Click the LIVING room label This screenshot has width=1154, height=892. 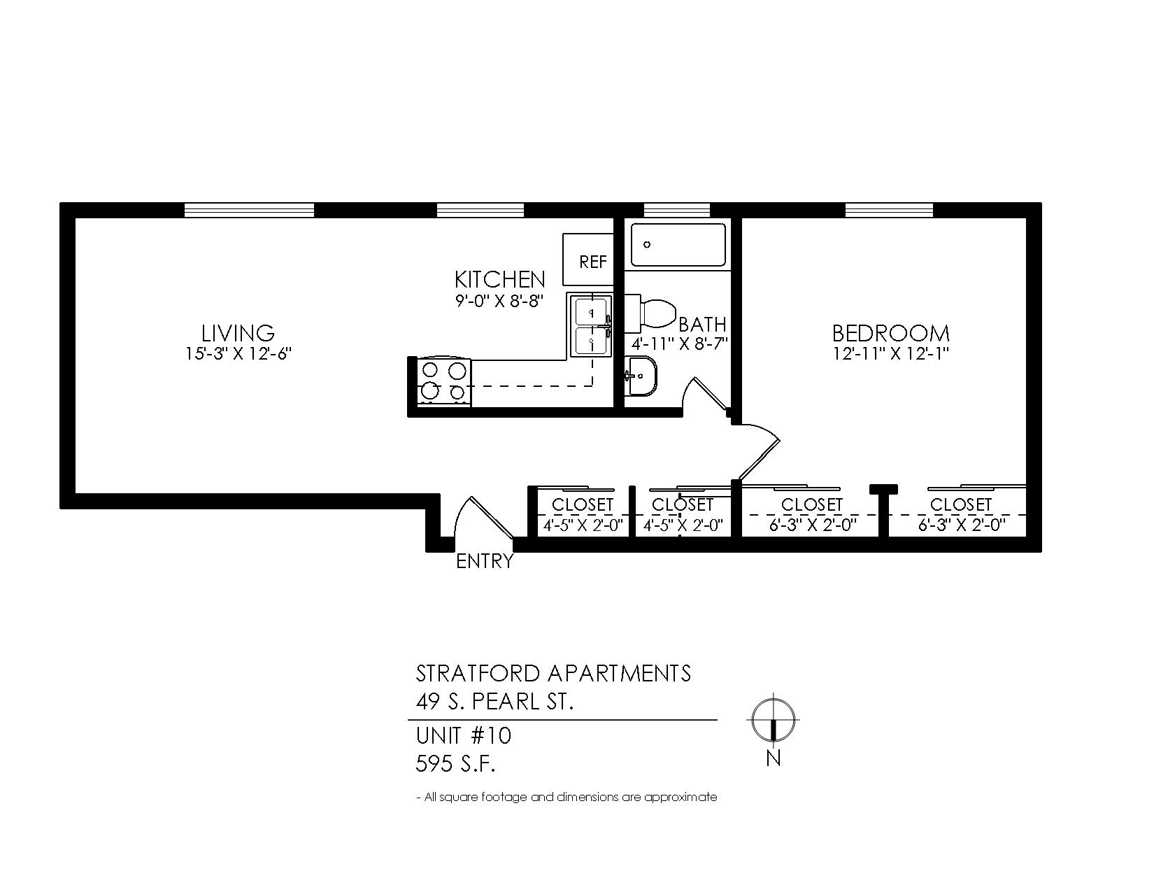tap(238, 332)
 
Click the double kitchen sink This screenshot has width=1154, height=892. tap(591, 326)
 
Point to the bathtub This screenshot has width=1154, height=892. tap(678, 245)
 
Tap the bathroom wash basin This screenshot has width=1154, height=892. tap(641, 376)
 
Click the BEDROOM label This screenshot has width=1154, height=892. tap(890, 332)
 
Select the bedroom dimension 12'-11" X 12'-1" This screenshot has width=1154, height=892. tap(890, 353)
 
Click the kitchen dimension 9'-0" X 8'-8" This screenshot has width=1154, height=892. tap(499, 302)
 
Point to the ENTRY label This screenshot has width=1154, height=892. tap(484, 561)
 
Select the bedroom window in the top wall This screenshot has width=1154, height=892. tap(888, 211)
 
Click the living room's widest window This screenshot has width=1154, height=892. tap(249, 211)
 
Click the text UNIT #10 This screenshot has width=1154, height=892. tap(463, 736)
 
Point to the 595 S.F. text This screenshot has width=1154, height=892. tap(455, 764)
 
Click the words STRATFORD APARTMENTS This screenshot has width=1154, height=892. tap(553, 673)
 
